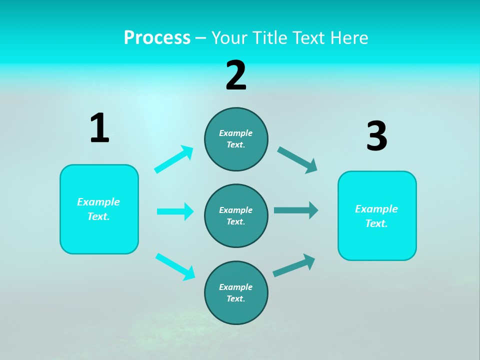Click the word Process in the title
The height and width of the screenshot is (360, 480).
coord(157,38)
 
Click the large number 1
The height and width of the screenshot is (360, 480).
coord(99,128)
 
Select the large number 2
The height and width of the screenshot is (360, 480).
coord(236,75)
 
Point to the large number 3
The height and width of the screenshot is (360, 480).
coord(376,136)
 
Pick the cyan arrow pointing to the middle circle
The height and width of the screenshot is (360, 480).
coord(175,211)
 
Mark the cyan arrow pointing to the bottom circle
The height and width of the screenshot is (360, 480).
coord(175,266)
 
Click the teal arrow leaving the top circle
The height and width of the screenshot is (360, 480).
coord(297,160)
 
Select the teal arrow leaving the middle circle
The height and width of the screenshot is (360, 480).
coord(296,210)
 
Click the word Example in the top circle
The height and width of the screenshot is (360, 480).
coord(235,133)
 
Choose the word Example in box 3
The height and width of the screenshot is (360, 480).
coord(376,209)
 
